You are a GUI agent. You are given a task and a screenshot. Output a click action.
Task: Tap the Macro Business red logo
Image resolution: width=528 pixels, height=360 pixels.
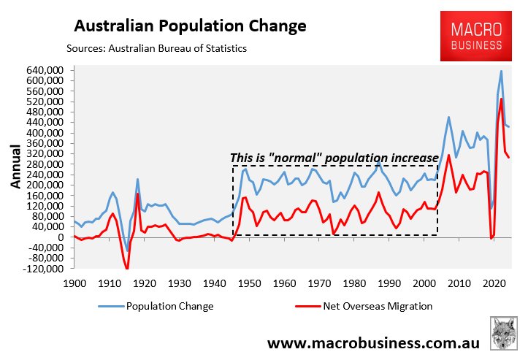[475, 37]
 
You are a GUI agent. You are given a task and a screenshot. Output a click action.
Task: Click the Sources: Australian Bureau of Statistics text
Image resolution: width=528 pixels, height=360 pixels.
[156, 48]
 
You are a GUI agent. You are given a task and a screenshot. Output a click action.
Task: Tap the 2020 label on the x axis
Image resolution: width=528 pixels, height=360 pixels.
[494, 283]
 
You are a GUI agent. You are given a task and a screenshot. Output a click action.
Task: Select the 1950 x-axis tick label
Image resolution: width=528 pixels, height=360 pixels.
[249, 283]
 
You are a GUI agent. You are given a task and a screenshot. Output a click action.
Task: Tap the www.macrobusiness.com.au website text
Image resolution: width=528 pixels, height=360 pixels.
[373, 342]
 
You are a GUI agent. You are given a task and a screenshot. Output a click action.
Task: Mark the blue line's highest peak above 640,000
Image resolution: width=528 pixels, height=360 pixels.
[501, 71]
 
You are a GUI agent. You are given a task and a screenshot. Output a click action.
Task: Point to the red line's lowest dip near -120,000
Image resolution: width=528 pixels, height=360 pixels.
[126, 269]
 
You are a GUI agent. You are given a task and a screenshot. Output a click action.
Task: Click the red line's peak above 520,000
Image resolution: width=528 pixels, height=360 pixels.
[501, 99]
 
